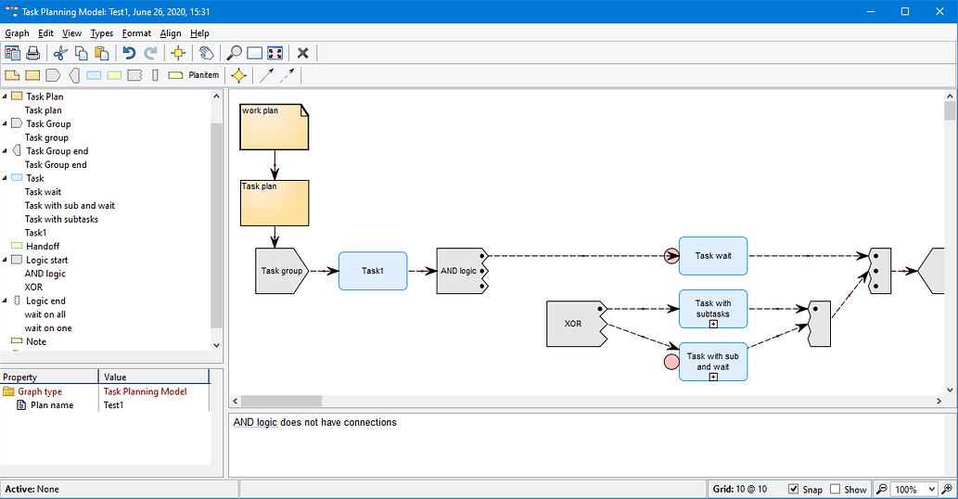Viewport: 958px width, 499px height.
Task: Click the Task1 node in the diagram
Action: point(372,271)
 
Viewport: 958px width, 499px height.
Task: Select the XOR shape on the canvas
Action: point(573,325)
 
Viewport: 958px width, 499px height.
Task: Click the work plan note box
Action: point(274,127)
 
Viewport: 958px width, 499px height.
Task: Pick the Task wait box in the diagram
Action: point(712,256)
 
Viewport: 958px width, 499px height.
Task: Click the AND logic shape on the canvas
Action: point(458,271)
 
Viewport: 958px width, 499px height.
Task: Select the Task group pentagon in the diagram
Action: point(281,271)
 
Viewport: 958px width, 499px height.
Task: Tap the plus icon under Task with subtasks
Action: point(713,324)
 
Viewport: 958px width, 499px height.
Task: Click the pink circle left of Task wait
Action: point(672,256)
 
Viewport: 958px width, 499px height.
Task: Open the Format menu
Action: point(136,33)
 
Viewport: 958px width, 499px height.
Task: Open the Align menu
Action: point(171,33)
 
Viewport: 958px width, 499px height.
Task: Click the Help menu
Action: point(199,33)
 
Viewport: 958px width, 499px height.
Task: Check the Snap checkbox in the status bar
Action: point(794,489)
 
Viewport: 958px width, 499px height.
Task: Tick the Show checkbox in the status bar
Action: point(836,489)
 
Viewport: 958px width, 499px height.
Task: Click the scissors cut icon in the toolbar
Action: point(60,53)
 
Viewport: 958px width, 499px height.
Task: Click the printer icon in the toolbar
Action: point(33,53)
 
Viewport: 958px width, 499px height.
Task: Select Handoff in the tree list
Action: point(42,246)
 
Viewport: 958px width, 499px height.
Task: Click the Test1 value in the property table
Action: point(113,405)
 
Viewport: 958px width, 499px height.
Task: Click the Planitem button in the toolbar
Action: point(203,75)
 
